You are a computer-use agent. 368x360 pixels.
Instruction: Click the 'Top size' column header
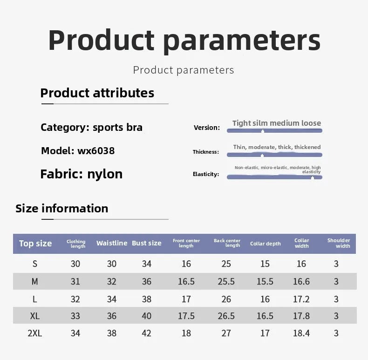pyautogui.click(x=35, y=244)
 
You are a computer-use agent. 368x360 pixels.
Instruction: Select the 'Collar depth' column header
pyautogui.click(x=265, y=244)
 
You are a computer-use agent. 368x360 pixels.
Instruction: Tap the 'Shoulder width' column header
pyautogui.click(x=339, y=243)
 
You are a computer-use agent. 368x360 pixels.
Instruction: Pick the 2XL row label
pyautogui.click(x=35, y=333)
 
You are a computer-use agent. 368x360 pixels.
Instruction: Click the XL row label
pyautogui.click(x=35, y=316)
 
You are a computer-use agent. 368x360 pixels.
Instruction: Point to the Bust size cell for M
pyautogui.click(x=146, y=281)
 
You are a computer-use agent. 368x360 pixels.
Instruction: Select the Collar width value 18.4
pyautogui.click(x=301, y=333)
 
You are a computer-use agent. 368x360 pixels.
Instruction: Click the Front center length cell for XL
pyautogui.click(x=186, y=316)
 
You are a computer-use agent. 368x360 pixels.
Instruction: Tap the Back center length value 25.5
pyautogui.click(x=226, y=281)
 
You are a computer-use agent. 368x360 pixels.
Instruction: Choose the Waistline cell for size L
pyautogui.click(x=111, y=299)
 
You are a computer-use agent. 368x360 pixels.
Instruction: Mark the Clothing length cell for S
pyautogui.click(x=75, y=264)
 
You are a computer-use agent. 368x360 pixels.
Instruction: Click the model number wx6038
pyautogui.click(x=96, y=151)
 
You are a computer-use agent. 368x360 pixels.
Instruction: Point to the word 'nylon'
pyautogui.click(x=105, y=174)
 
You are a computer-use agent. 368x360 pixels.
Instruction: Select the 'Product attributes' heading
pyautogui.click(x=97, y=93)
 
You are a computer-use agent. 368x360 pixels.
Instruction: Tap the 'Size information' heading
pyautogui.click(x=62, y=208)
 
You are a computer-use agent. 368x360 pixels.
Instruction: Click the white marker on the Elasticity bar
pyautogui.click(x=313, y=178)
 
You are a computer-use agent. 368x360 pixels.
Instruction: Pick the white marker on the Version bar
pyautogui.click(x=263, y=131)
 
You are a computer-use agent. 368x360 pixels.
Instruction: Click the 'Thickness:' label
pyautogui.click(x=206, y=152)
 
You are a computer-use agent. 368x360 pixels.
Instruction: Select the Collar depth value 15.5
pyautogui.click(x=265, y=281)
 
